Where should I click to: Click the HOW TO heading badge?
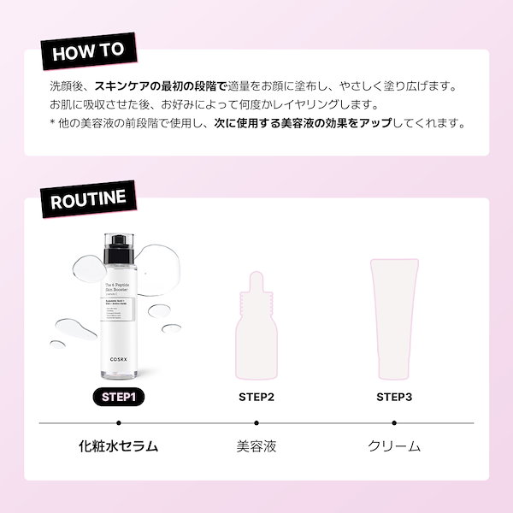pos(90,50)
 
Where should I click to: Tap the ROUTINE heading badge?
pos(88,200)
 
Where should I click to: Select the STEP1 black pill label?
pos(119,397)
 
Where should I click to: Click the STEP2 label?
pos(256,397)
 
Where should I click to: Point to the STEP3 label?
pos(394,397)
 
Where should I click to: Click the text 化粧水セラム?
pos(119,445)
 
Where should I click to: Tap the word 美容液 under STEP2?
pos(256,445)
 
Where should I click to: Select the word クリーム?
pos(394,445)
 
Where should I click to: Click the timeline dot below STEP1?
pos(119,422)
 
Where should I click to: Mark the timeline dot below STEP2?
pos(256,422)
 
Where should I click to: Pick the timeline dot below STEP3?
pos(394,422)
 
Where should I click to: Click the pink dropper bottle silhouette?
pos(256,329)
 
